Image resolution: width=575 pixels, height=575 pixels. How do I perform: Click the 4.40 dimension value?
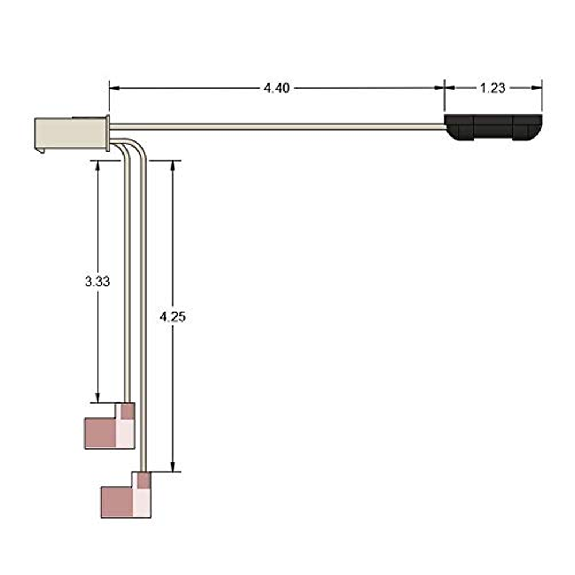[x=277, y=88]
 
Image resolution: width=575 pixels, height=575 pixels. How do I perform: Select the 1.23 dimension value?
[x=492, y=88]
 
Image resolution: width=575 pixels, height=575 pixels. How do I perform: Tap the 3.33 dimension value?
[x=97, y=282]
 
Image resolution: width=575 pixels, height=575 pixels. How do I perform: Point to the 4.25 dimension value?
[x=172, y=316]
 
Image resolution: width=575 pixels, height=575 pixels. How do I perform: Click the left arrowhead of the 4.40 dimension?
[x=114, y=88]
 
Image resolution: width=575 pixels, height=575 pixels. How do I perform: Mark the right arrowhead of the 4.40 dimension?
[x=440, y=88]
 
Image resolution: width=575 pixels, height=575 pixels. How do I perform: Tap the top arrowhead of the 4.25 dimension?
[x=172, y=165]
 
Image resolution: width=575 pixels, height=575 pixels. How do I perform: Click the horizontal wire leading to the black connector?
[x=276, y=126]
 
